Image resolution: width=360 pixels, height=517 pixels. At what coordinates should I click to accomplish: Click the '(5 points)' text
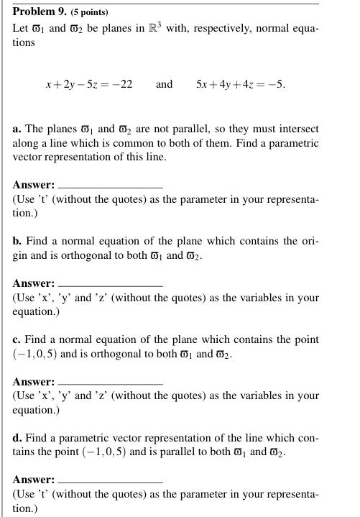[x=88, y=13]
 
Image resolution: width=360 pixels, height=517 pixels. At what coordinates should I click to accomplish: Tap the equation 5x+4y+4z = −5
[x=240, y=84]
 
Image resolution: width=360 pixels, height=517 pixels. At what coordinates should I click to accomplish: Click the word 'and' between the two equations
[x=165, y=84]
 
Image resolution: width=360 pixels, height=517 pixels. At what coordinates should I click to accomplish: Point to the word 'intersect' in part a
[x=298, y=129]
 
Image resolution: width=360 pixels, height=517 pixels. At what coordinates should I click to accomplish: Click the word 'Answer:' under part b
[x=33, y=283]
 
